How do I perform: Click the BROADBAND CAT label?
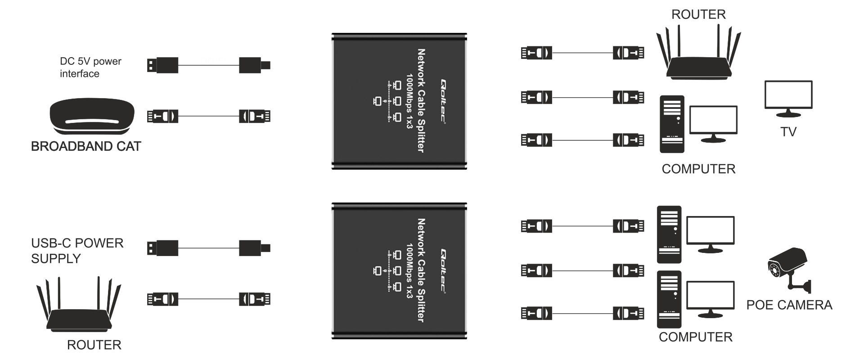pyautogui.click(x=86, y=146)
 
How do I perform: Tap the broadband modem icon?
pyautogui.click(x=92, y=116)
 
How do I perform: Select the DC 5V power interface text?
pyautogui.click(x=90, y=67)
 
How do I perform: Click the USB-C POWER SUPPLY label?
pyautogui.click(x=77, y=251)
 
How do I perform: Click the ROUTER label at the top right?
pyautogui.click(x=698, y=14)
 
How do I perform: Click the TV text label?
pyautogui.click(x=788, y=132)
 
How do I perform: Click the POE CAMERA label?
pyautogui.click(x=789, y=305)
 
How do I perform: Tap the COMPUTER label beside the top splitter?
pyautogui.click(x=698, y=169)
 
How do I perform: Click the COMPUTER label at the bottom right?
pyautogui.click(x=696, y=337)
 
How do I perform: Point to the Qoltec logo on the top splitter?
pyautogui.click(x=443, y=101)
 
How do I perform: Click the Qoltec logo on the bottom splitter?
pyautogui.click(x=443, y=271)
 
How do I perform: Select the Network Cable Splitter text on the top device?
pyautogui.click(x=421, y=101)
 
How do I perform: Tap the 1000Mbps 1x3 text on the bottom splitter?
pyautogui.click(x=409, y=271)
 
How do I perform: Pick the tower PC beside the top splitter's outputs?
pyautogui.click(x=672, y=124)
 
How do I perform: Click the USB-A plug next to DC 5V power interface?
pyautogui.click(x=162, y=65)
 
